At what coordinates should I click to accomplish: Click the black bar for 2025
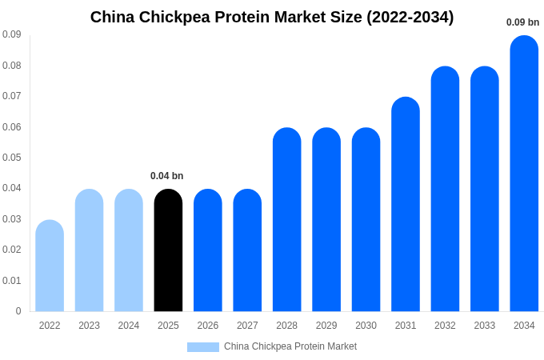point(168,250)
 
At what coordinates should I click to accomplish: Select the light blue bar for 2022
point(50,266)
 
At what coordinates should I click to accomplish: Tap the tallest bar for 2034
point(524,174)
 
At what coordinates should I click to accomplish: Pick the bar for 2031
point(406,204)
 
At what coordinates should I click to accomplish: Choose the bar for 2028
point(287,219)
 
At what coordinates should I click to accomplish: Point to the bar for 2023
point(89,250)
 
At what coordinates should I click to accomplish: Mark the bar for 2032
point(445,189)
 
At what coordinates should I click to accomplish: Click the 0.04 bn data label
point(166,176)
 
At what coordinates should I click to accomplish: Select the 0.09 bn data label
point(522,22)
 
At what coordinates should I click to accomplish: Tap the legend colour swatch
point(203,347)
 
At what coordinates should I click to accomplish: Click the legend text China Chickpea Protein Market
point(290,346)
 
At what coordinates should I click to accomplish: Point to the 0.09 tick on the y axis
point(12,34)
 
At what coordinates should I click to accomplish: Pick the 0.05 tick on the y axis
point(12,158)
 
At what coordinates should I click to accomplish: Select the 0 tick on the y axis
point(18,311)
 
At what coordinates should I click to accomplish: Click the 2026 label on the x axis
point(208,326)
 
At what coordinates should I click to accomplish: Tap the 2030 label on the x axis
point(366,326)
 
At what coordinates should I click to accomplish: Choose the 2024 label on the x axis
point(129,326)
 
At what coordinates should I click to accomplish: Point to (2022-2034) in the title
point(410,17)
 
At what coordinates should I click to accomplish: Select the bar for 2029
point(326,219)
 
